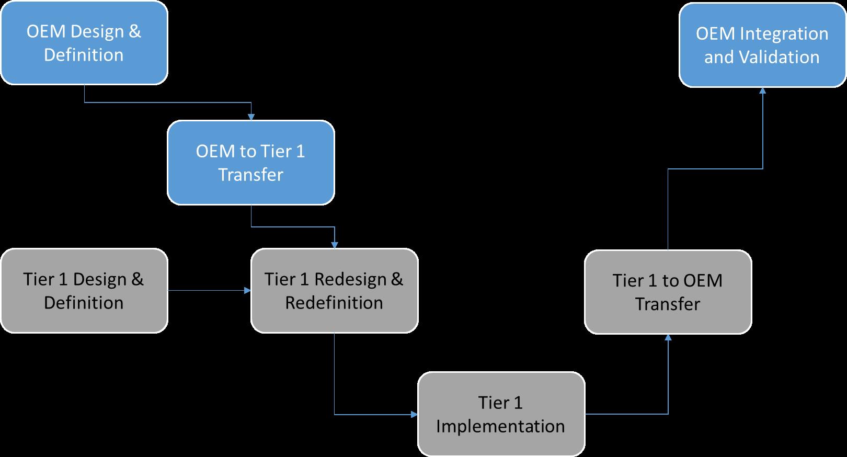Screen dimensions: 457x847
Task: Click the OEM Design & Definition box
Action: [84, 43]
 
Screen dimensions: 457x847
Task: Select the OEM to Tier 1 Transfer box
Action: [250, 163]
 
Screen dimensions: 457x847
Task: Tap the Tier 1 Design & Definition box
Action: [84, 291]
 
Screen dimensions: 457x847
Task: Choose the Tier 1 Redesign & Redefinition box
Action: [334, 291]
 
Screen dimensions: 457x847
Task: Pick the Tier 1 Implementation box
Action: [500, 414]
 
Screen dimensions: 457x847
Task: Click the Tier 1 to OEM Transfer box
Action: [668, 292]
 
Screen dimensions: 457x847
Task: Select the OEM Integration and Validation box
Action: [762, 45]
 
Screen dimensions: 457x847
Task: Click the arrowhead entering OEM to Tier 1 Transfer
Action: [251, 117]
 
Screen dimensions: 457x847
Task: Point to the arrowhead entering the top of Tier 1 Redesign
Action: [335, 245]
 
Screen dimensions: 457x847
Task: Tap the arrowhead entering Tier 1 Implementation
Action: [414, 415]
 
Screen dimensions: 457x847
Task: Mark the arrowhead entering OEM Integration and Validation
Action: [762, 90]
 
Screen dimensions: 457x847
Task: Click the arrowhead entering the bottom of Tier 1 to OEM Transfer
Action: [668, 338]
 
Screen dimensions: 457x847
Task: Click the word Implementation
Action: [500, 426]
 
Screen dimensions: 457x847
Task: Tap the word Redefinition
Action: [334, 303]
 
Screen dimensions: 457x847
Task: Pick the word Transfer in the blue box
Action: [250, 175]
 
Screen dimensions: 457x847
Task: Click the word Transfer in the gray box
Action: [668, 304]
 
